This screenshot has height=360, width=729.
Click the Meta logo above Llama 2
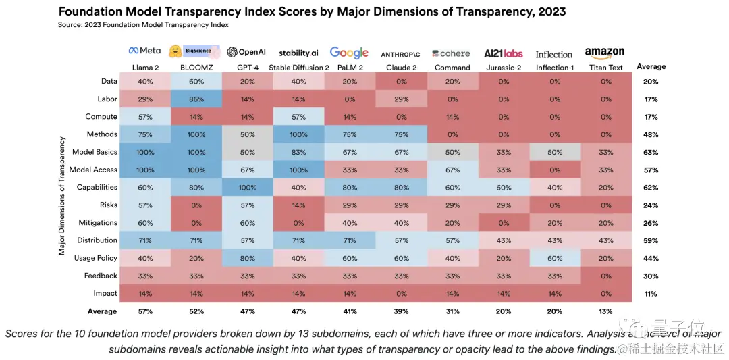pyautogui.click(x=144, y=51)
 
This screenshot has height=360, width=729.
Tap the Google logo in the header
pyautogui.click(x=349, y=53)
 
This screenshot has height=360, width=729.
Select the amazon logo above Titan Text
pyautogui.click(x=605, y=53)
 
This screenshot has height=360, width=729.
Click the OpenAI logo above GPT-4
pyautogui.click(x=246, y=53)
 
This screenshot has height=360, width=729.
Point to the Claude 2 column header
pyautogui.click(x=401, y=68)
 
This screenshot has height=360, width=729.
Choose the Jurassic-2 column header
pyautogui.click(x=504, y=68)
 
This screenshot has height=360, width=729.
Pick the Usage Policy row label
pyautogui.click(x=95, y=258)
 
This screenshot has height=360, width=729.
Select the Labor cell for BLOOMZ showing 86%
pyautogui.click(x=196, y=99)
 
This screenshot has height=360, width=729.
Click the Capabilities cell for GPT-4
pyautogui.click(x=247, y=188)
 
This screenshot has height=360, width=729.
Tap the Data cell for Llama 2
pyautogui.click(x=145, y=82)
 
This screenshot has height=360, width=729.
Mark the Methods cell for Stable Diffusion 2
pyautogui.click(x=298, y=134)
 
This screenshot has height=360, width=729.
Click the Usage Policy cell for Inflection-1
pyautogui.click(x=554, y=258)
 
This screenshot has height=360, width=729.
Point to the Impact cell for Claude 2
pyautogui.click(x=401, y=294)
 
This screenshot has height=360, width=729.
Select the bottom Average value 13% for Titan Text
pyautogui.click(x=605, y=311)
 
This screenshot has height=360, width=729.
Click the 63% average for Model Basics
pyautogui.click(x=651, y=153)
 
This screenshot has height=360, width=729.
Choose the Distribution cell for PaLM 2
pyautogui.click(x=350, y=240)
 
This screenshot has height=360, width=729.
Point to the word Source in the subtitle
pyautogui.click(x=71, y=25)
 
